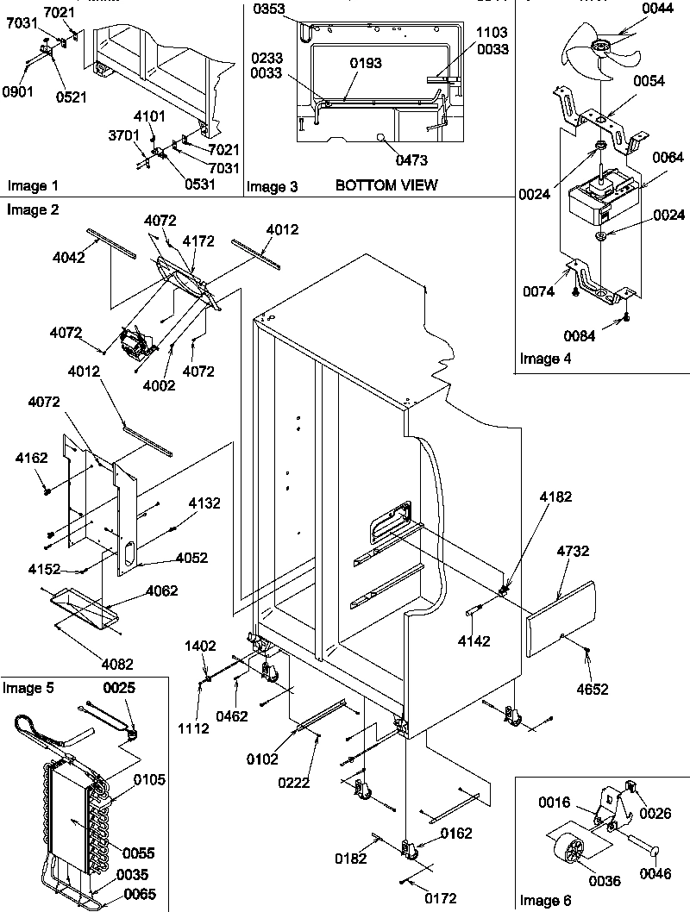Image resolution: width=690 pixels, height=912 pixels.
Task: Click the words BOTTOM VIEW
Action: tap(386, 185)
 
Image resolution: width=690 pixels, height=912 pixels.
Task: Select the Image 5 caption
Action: tap(28, 687)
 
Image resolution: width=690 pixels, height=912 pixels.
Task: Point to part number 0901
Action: tap(18, 91)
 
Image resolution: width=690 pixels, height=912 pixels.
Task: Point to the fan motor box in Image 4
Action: tap(595, 198)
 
